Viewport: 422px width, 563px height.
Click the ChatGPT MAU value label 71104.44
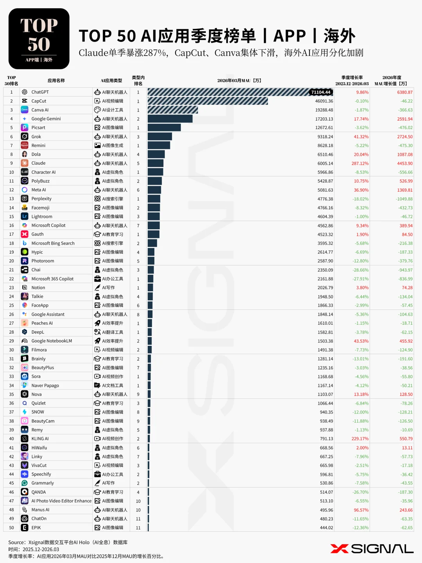321,92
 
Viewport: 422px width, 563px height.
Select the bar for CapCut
207,101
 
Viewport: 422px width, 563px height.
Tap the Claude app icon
25,163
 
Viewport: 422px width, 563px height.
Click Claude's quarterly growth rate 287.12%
360,164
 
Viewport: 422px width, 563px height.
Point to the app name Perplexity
41,199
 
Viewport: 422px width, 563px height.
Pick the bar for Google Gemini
170,119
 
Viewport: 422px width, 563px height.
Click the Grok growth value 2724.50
405,137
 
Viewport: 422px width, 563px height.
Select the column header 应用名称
56,81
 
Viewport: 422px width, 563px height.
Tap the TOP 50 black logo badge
39,39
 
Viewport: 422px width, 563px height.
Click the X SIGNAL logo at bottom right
372,549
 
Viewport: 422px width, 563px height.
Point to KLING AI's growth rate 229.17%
360,439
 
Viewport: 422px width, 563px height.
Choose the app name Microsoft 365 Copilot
52,279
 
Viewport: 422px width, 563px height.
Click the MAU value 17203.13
324,119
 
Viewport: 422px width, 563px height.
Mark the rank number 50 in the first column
11,528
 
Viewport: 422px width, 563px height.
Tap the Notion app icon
25,288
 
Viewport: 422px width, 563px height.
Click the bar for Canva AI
173,110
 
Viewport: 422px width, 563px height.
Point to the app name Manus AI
40,510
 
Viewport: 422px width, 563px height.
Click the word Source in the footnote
17,542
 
